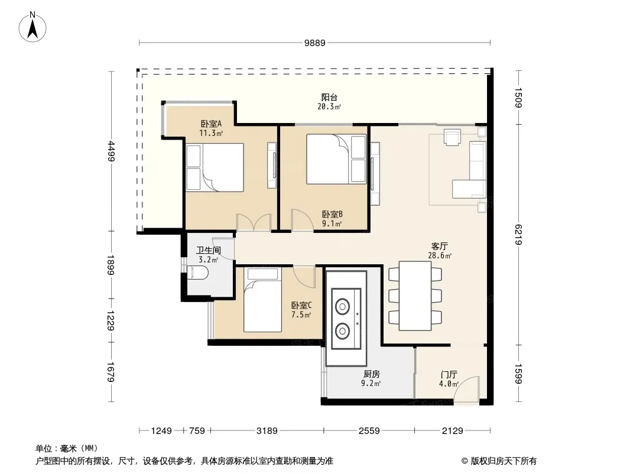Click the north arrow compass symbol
click(33, 27)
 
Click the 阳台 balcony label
click(329, 97)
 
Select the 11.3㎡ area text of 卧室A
click(211, 133)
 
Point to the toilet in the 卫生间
click(197, 274)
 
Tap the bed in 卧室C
click(262, 300)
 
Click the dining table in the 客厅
click(415, 296)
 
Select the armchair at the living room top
click(452, 137)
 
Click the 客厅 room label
click(440, 246)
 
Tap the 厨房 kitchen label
click(371, 374)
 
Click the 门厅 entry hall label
click(449, 374)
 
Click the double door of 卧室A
click(254, 222)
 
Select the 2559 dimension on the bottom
click(369, 431)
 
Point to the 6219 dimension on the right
click(519, 235)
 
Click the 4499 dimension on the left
click(111, 151)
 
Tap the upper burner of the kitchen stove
click(342, 307)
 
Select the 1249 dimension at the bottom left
click(161, 431)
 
